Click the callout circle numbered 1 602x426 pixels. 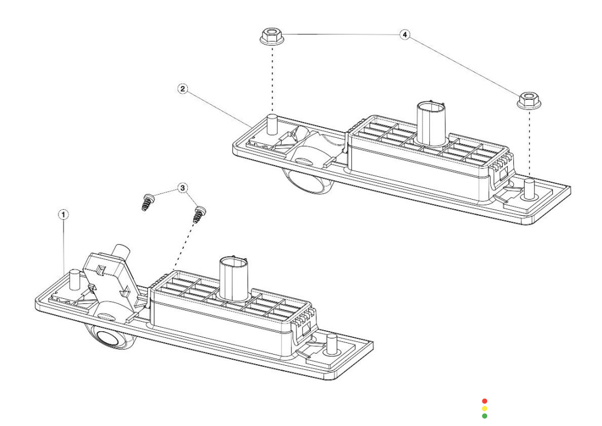65,214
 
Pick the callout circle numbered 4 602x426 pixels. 405,35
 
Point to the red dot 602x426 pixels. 484,401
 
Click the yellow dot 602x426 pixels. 484,408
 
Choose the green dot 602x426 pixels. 484,415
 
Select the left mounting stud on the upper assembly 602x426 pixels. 273,123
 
